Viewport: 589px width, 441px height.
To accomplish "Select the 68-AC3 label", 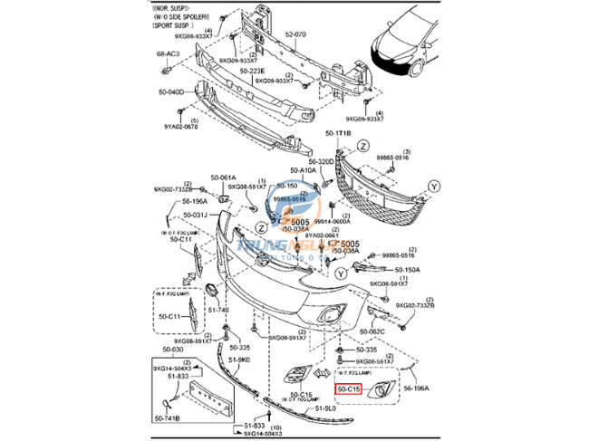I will click(x=168, y=54).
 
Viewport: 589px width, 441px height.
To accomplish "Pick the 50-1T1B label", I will click(x=338, y=133).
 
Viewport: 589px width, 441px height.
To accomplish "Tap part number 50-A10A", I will click(x=304, y=170).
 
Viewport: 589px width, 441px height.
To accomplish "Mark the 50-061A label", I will click(x=223, y=177).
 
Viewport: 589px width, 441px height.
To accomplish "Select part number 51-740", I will click(x=217, y=310).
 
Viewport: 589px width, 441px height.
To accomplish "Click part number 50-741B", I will click(x=167, y=418).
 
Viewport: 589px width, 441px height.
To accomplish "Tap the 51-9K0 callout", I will click(x=238, y=360).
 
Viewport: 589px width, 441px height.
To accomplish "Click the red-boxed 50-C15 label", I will click(x=349, y=390).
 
